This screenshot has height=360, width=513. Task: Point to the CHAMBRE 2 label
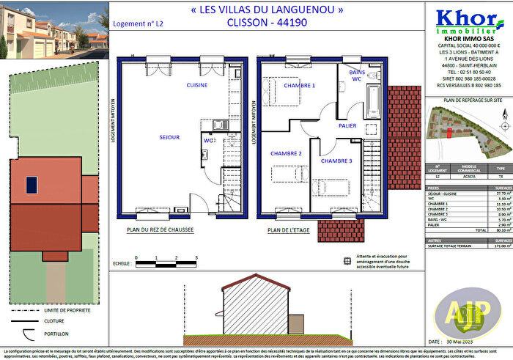[x=286, y=153]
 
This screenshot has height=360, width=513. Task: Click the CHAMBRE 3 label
[x=336, y=161]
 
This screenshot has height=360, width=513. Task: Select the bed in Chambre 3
[x=334, y=180]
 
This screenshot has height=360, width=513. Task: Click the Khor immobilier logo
[x=465, y=21]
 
